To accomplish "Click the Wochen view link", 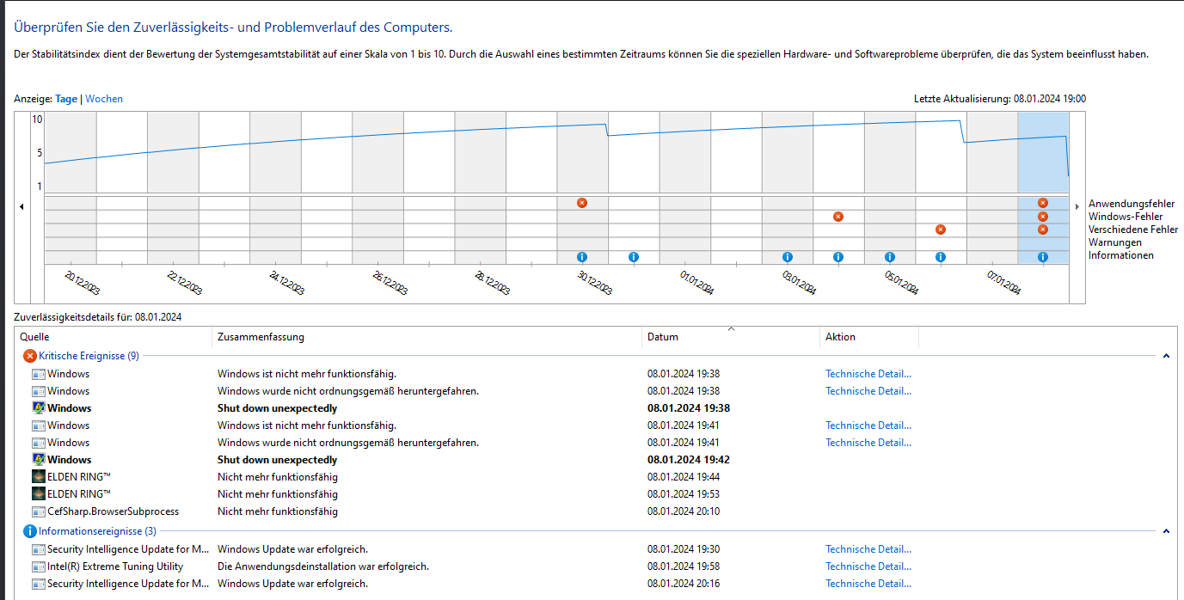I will pos(104,99).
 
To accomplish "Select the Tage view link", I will pos(66,99).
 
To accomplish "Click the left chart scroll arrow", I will pos(21,206).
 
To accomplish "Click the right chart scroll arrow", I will pos(1077,206).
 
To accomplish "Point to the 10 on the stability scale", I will pos(37,119).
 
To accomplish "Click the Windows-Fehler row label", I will pos(1125,217).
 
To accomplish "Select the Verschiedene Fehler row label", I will pos(1132,230).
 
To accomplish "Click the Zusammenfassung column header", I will pos(261,337).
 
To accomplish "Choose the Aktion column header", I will pos(840,337).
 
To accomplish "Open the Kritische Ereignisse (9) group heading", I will pos(89,356).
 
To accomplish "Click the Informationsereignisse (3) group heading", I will pos(97,531).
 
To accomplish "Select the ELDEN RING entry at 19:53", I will pos(79,494).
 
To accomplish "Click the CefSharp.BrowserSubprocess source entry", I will pos(113,511).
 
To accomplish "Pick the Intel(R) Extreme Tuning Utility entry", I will pos(115,566).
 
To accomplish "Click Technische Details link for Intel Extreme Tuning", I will pos(868,566).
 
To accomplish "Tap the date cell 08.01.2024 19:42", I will pos(688,460).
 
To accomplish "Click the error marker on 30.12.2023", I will pos(582,203).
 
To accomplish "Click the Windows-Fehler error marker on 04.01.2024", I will pos(838,217).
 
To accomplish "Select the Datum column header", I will pos(662,337).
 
